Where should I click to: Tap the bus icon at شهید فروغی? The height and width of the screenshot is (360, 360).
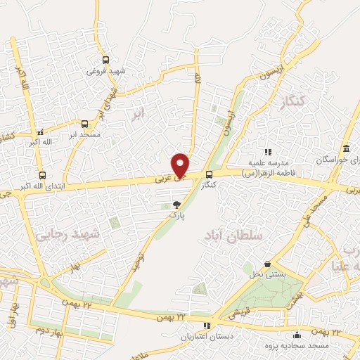(105, 60)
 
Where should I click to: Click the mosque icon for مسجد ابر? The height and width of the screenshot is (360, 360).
(86, 122)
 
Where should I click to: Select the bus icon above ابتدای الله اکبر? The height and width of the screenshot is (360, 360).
(43, 175)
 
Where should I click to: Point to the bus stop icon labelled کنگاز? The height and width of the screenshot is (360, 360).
(209, 174)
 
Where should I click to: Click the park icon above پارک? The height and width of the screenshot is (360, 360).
(176, 205)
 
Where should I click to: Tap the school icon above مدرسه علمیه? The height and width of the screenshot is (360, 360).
(267, 151)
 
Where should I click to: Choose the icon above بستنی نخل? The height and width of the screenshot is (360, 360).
(267, 264)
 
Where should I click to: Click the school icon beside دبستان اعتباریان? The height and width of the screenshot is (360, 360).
(206, 326)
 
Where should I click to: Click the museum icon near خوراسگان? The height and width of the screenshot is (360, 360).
(346, 150)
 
